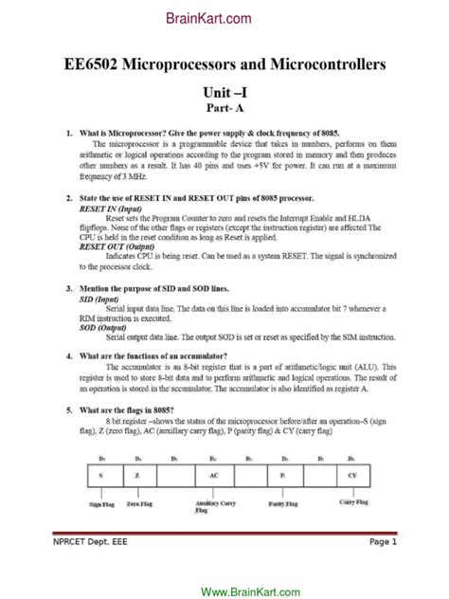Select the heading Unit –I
(x=224, y=94)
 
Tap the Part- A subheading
(x=224, y=110)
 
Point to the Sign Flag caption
(x=101, y=505)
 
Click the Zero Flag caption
(x=139, y=505)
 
